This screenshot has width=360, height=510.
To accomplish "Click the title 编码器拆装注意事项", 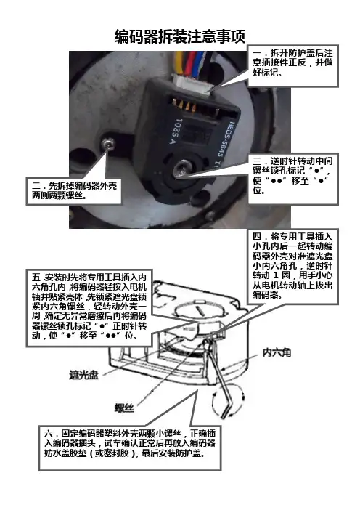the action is coord(180,36).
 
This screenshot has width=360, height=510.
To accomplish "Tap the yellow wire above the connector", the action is coord(179,62).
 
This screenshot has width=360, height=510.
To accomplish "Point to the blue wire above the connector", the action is coord(200,63).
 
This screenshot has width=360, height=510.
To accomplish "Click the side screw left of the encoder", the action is coord(107,142).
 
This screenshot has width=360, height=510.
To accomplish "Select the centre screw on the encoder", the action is coord(180,169).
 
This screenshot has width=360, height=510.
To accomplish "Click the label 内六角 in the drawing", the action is coord(277,352).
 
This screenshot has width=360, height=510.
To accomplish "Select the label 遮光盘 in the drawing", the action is coord(83,375).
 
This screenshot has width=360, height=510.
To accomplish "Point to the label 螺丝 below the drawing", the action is coord(124,408).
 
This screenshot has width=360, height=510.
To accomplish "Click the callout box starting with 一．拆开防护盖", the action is coord(292,65).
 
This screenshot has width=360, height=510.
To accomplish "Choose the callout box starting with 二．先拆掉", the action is coord(74,191).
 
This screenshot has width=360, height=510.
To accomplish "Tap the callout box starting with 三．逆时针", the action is coord(293,178).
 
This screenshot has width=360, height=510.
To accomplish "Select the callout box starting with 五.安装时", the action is coord(89,307).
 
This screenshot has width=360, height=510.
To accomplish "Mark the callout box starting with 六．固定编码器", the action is coord(130,448).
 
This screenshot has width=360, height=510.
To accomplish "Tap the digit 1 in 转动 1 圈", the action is coord(276,275).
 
